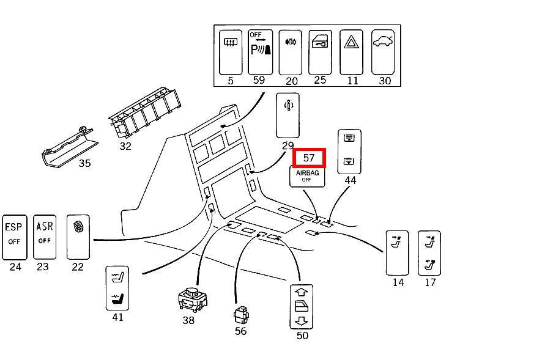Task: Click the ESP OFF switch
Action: (14, 237)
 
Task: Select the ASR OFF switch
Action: (44, 237)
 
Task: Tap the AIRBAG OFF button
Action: (307, 176)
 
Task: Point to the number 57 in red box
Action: (309, 158)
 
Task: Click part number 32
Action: (125, 146)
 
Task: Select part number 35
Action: (84, 163)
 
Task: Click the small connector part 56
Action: (240, 315)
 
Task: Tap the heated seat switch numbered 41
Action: (117, 287)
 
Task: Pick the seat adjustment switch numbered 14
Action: (397, 252)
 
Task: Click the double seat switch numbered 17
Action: (429, 252)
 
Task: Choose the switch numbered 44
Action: (349, 151)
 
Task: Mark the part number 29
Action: (288, 145)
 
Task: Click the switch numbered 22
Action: (78, 237)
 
